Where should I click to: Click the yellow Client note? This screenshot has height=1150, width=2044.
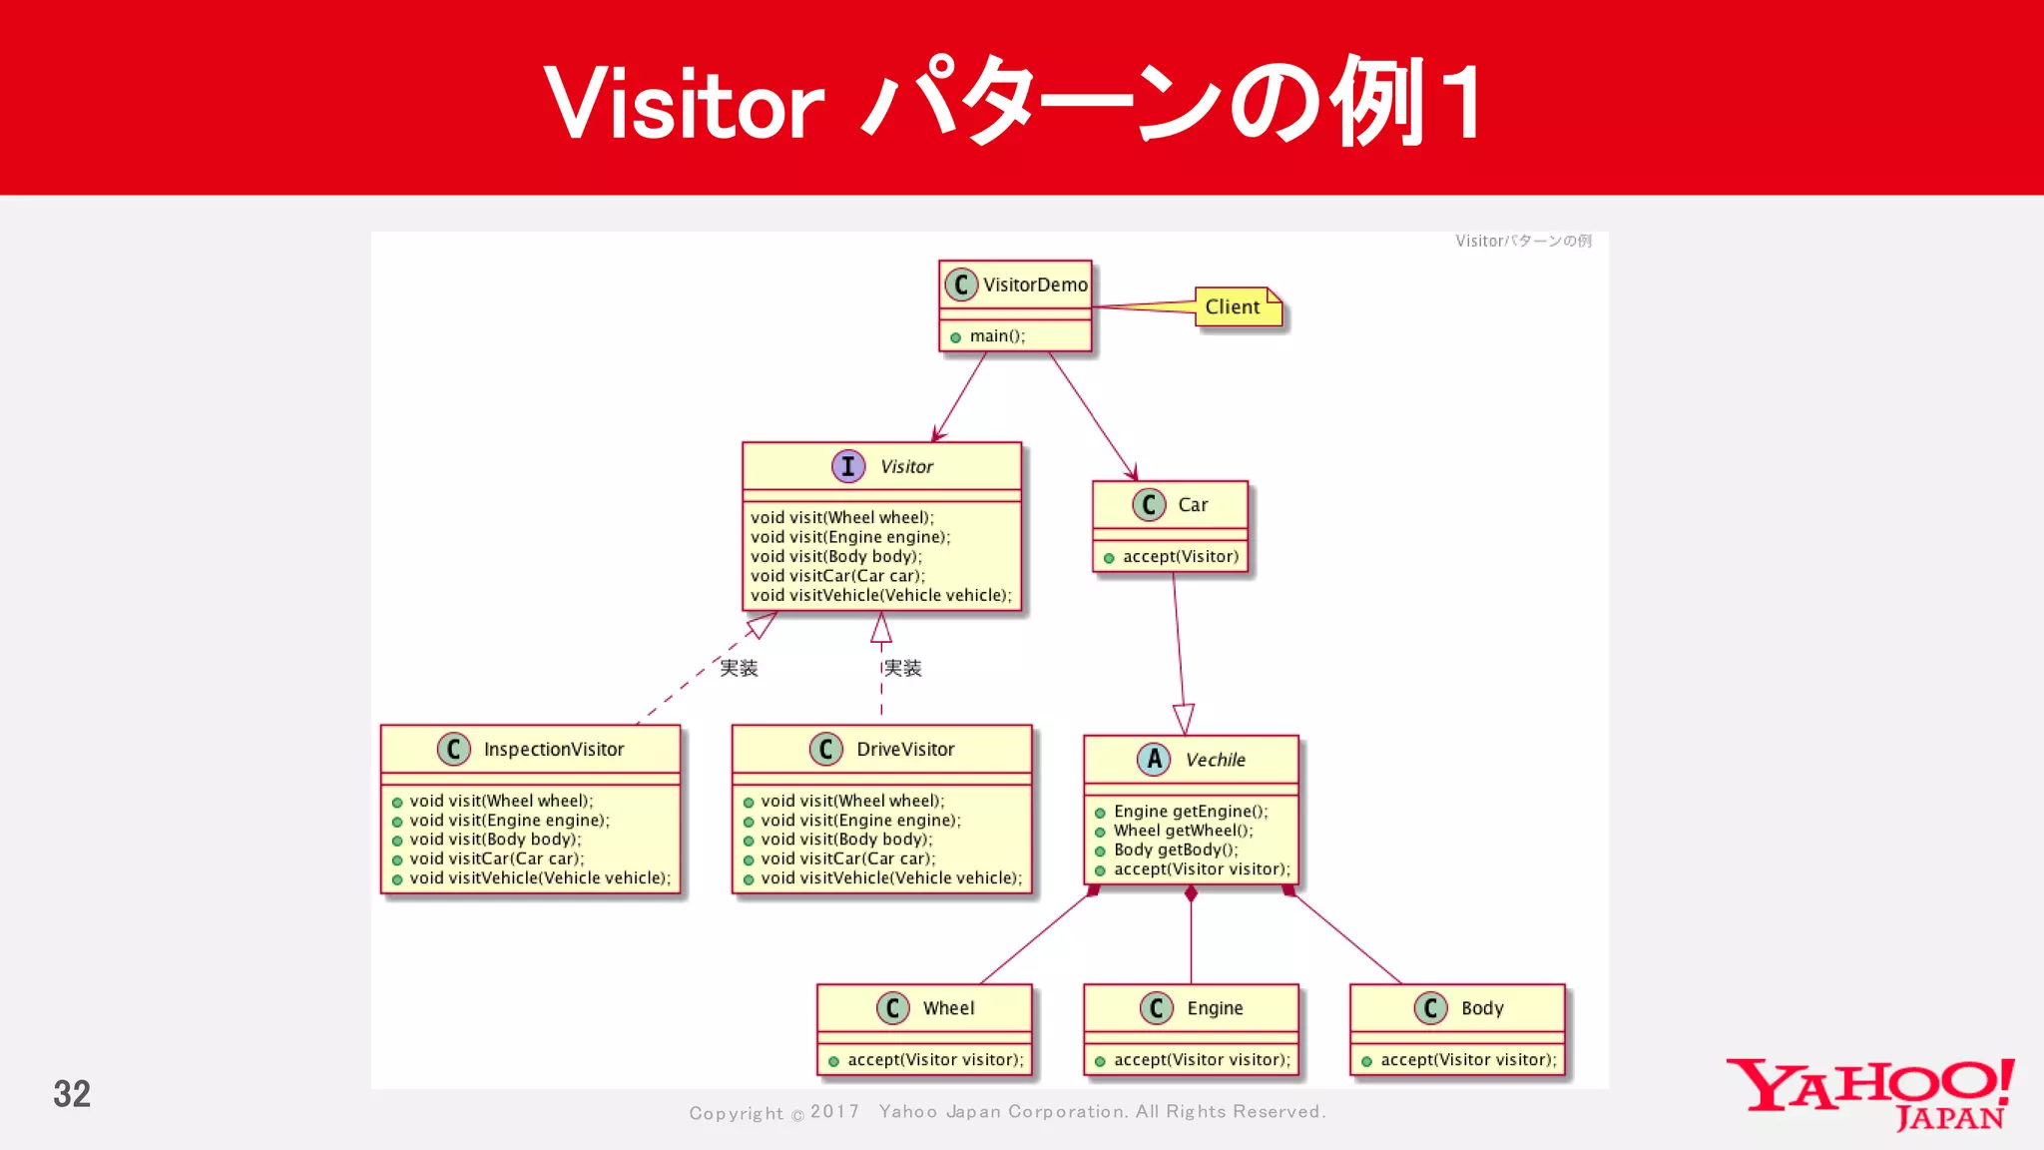pyautogui.click(x=1236, y=307)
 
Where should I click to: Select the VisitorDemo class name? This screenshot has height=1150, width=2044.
pyautogui.click(x=1034, y=285)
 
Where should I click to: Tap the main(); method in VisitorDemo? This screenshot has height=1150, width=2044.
pyautogui.click(x=996, y=336)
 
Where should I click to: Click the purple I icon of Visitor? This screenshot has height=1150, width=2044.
pyautogui.click(x=848, y=466)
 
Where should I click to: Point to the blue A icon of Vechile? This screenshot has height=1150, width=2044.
pyautogui.click(x=1154, y=760)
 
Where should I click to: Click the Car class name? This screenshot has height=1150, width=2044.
pyautogui.click(x=1193, y=505)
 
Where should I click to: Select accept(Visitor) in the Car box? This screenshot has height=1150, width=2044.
pyautogui.click(x=1180, y=557)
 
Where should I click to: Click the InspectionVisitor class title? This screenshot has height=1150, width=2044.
pyautogui.click(x=553, y=750)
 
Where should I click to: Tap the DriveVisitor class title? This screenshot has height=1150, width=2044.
pyautogui.click(x=904, y=750)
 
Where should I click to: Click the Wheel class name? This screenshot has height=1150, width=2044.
pyautogui.click(x=948, y=1008)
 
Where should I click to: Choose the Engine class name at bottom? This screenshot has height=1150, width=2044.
pyautogui.click(x=1215, y=1008)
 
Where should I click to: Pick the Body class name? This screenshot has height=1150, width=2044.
pyautogui.click(x=1482, y=1008)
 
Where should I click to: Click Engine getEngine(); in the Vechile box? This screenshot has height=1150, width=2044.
pyautogui.click(x=1190, y=812)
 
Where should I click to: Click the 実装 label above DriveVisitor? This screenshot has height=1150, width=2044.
pyautogui.click(x=903, y=668)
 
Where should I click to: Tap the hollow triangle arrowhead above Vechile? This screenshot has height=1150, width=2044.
pyautogui.click(x=1184, y=719)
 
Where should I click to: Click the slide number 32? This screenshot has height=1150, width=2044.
pyautogui.click(x=72, y=1094)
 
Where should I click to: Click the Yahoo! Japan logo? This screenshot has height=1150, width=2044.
pyautogui.click(x=1870, y=1095)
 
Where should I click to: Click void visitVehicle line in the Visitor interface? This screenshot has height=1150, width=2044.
pyautogui.click(x=880, y=596)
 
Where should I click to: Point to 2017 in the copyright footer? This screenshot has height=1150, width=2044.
pyautogui.click(x=834, y=1112)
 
